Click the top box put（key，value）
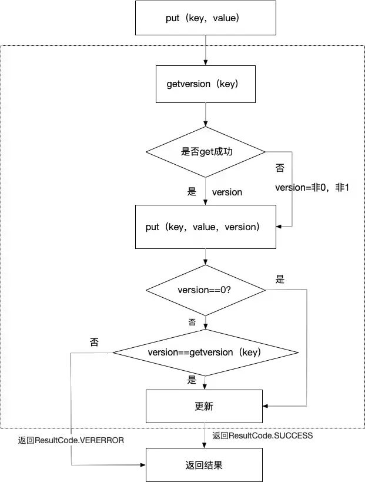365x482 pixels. tap(205, 18)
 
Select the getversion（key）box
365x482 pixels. tap(205, 84)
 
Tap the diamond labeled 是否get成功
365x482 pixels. tap(205, 152)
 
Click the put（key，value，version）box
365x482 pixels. tap(205, 227)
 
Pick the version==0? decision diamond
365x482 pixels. tap(205, 290)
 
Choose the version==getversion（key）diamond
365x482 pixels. tap(205, 353)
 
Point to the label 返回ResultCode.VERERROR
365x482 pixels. tap(71, 440)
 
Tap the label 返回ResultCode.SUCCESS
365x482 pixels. tap(263, 436)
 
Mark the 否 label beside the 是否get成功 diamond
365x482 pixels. tap(280, 168)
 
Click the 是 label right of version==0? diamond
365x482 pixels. tap(280, 280)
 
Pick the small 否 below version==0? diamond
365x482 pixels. tap(192, 322)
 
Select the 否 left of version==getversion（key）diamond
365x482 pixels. tap(94, 343)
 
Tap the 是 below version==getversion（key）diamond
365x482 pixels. tap(192, 380)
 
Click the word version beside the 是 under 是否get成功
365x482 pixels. tap(227, 192)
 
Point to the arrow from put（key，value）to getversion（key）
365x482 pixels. tap(205, 50)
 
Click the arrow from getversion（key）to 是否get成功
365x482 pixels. tap(205, 114)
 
